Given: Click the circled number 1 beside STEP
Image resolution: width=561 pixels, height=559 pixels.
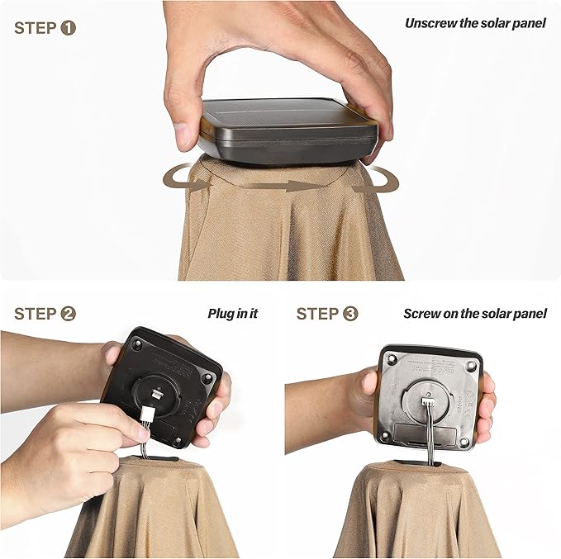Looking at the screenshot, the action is [x=69, y=28].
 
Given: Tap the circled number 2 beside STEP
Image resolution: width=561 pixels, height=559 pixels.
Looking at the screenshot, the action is [x=69, y=314].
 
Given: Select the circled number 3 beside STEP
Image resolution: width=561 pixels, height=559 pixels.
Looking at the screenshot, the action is [x=350, y=314].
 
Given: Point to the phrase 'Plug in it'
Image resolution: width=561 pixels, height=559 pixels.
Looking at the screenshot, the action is [x=232, y=314].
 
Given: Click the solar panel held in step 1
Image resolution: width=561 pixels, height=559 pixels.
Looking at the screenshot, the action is [x=288, y=130].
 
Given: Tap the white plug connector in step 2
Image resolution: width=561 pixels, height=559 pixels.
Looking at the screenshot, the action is [x=146, y=414].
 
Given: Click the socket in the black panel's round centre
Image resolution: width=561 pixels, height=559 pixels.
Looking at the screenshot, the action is [x=158, y=394].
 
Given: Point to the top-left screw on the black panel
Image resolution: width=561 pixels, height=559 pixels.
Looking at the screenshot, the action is [x=136, y=344].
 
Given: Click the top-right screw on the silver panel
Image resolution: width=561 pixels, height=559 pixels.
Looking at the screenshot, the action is [x=472, y=365].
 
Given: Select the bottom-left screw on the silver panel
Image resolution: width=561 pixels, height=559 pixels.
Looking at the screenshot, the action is [x=385, y=436].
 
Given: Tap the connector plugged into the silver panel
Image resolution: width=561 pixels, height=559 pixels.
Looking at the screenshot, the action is [x=427, y=402].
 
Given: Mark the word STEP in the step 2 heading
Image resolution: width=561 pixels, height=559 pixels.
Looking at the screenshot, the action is [x=35, y=314].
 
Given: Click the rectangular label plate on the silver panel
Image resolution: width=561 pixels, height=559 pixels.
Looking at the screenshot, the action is [x=425, y=433].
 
